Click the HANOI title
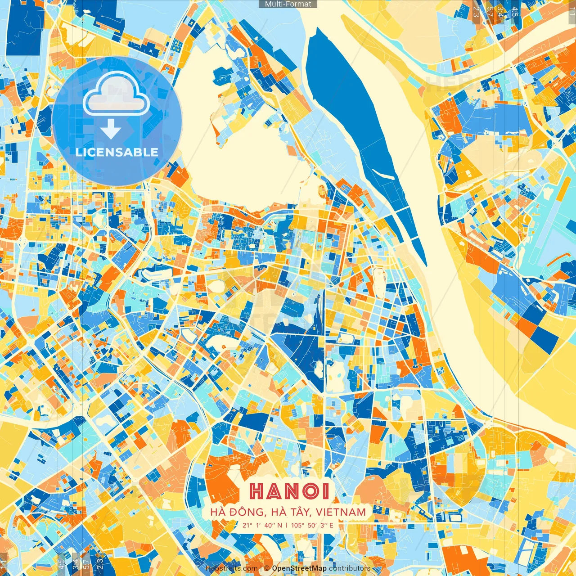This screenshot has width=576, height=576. click(x=290, y=491)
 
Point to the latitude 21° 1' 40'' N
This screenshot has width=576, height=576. click(x=262, y=525)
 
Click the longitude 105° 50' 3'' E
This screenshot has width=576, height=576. click(x=312, y=525)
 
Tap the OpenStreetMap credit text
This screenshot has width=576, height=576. click(x=299, y=568)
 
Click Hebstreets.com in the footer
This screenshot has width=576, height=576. click(x=231, y=568)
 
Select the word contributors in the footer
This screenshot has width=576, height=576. click(x=350, y=568)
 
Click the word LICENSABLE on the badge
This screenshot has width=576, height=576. click(x=117, y=152)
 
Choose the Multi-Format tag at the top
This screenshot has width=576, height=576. click(x=288, y=4)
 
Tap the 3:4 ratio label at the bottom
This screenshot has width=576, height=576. click(x=75, y=562)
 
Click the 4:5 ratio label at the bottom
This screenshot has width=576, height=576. click(x=61, y=562)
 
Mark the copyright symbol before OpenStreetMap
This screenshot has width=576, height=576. click(x=267, y=568)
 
